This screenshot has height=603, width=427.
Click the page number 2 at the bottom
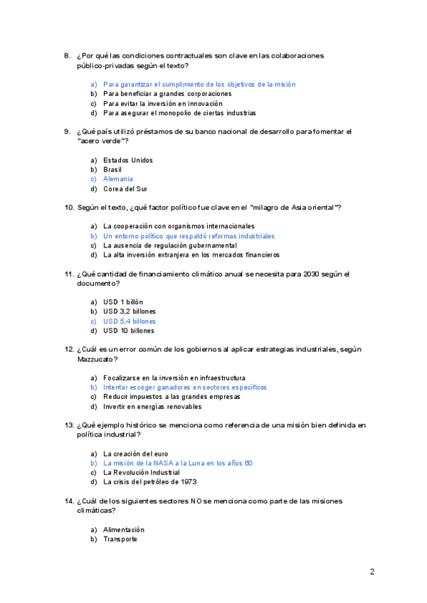click(371, 571)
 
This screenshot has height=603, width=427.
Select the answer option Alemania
click(117, 179)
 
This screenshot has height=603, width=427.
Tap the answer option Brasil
click(112, 170)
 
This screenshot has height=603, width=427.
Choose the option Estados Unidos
click(127, 160)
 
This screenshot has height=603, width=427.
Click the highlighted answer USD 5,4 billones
click(129, 321)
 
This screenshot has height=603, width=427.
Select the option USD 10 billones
click(129, 331)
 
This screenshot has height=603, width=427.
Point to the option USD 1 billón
click(122, 301)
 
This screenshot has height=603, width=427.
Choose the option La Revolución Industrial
click(141, 472)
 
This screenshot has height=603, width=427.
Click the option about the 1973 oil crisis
click(139, 482)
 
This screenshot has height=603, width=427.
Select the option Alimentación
click(123, 529)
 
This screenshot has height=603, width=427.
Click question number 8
click(67, 55)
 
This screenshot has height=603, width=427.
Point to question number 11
click(69, 274)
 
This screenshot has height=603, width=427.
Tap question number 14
click(69, 501)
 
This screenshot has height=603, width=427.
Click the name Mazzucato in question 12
click(95, 359)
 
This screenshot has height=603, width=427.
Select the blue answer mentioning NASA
click(177, 463)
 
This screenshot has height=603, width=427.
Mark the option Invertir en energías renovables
click(152, 407)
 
